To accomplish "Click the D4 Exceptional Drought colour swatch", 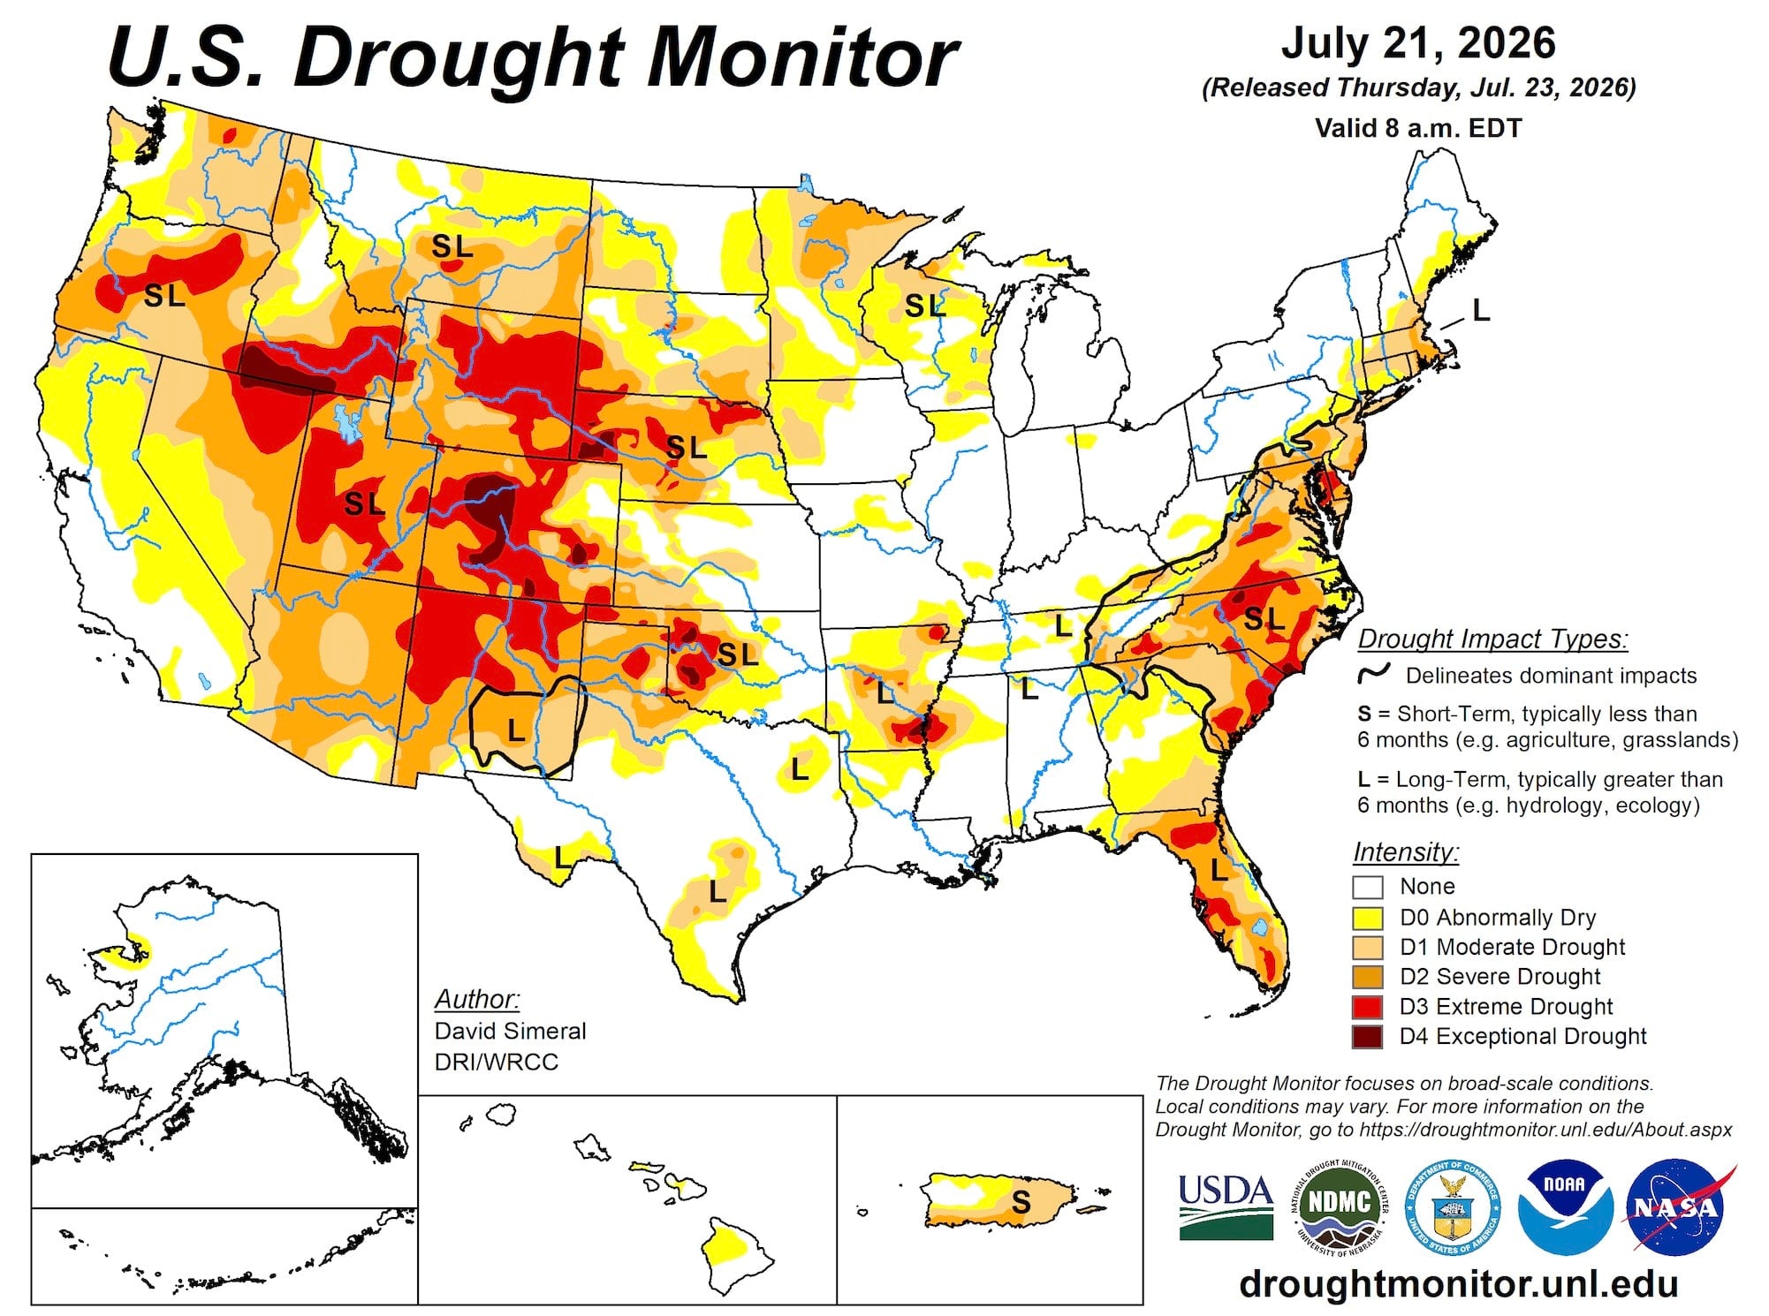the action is click(1367, 1036).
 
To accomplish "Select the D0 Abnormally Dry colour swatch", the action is click(1367, 917).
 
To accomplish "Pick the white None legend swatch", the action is click(1367, 887).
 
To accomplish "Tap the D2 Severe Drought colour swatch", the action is click(1367, 977).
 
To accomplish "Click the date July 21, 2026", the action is click(1418, 44).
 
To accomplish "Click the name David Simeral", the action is click(510, 1031).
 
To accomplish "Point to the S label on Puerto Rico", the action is click(1021, 1201).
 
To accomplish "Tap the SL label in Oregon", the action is click(165, 295).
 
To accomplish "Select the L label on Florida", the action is click(1219, 870).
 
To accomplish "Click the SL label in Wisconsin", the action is click(925, 306).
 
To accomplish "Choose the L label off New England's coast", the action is click(1481, 310).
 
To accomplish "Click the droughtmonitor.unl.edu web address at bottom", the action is click(1459, 1283).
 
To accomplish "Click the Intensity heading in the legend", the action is click(1406, 852).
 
